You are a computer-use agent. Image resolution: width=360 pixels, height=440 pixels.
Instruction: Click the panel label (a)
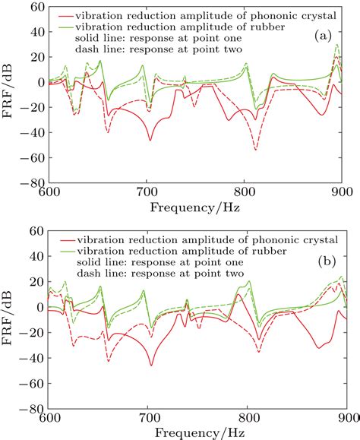[322, 36]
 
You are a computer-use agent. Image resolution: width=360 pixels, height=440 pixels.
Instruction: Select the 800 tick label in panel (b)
[248, 418]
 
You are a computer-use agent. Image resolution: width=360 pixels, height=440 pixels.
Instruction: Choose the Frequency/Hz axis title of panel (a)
[195, 207]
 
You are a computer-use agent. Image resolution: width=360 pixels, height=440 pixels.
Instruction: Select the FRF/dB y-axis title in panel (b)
[8, 319]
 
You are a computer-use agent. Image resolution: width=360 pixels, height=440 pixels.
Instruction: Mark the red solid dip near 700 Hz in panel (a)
[150, 140]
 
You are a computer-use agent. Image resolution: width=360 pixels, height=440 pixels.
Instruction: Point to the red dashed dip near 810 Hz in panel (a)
[256, 149]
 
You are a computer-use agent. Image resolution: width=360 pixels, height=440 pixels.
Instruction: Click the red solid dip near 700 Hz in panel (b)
[151, 365]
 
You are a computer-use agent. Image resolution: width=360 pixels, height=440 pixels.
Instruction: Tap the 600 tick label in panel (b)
[49, 418]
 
